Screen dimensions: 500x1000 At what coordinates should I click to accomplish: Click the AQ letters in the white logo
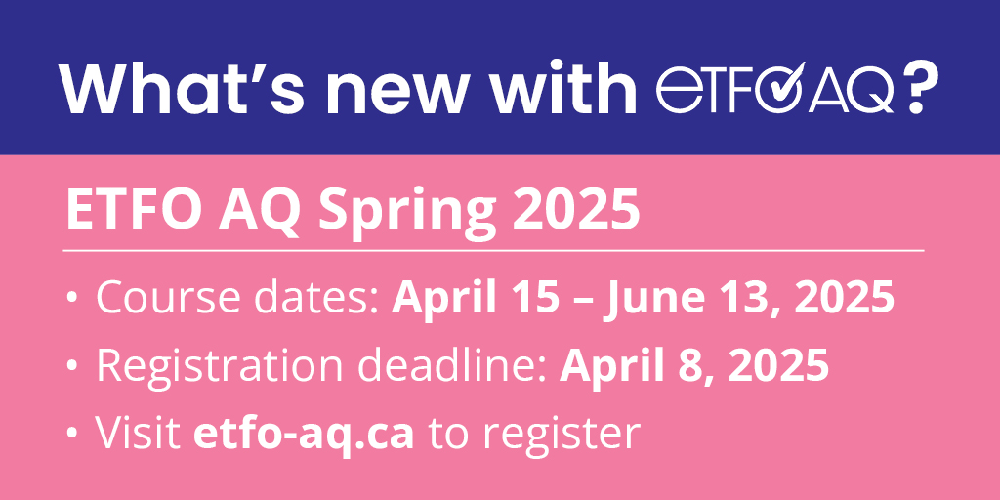[x=853, y=90]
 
